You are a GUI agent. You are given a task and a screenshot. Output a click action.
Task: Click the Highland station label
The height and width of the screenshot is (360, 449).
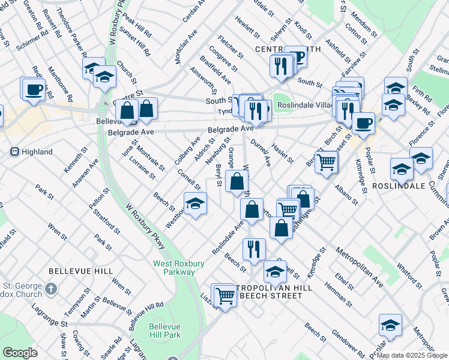pyautogui.click(x=36, y=152)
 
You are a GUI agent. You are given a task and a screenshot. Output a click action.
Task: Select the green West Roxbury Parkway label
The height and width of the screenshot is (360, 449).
pyautogui.click(x=174, y=267)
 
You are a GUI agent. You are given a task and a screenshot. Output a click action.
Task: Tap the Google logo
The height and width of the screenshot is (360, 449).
pyautogui.click(x=20, y=353)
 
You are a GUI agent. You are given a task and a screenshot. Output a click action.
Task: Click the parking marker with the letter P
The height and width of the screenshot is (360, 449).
pyautogui.click(x=296, y=57)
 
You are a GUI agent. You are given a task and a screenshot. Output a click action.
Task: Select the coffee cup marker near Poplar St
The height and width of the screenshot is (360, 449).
pyautogui.click(x=363, y=124)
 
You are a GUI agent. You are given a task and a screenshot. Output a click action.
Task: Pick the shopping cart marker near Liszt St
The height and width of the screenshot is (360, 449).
pyautogui.click(x=225, y=295)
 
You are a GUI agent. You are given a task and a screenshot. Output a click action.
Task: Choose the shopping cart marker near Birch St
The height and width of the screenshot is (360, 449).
pyautogui.click(x=326, y=161)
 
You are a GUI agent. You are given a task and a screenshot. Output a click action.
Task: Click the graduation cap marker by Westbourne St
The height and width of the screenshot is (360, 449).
pyautogui.click(x=194, y=204)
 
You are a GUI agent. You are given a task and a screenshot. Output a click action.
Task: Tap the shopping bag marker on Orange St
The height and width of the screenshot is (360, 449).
pyautogui.click(x=238, y=181)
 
